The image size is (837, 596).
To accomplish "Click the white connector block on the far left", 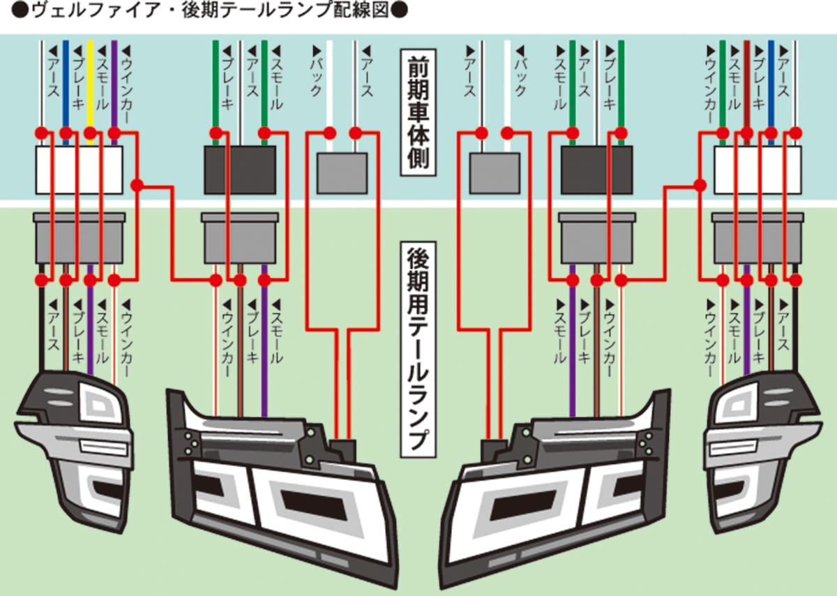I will (79, 170).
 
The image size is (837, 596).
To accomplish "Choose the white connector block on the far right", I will (757, 170).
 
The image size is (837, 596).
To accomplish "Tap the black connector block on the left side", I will (239, 170).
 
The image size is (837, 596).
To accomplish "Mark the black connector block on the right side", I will (596, 170).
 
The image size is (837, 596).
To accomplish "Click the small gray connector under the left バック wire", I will (342, 173).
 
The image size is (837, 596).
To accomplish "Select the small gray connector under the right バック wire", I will (495, 173).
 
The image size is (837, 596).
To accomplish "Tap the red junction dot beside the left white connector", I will (137, 185).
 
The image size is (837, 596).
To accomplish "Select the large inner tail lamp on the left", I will (279, 482).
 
